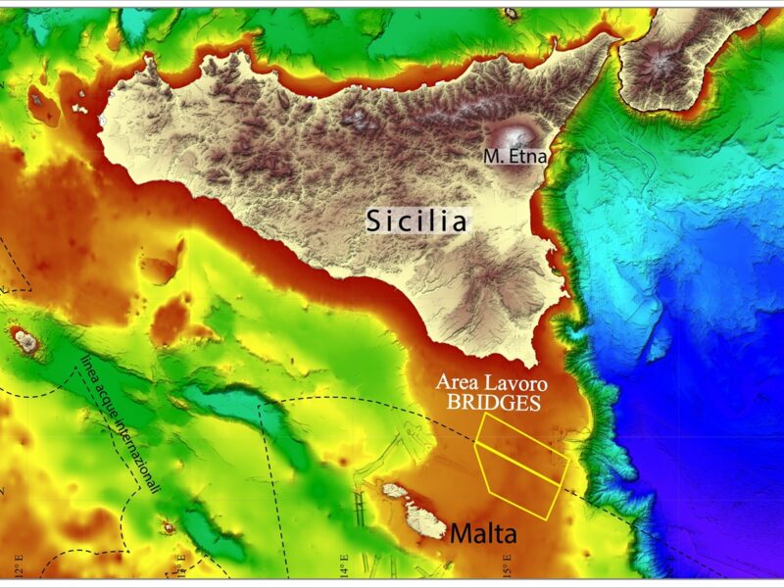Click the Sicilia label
click(416, 221)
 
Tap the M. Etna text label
click(514, 155)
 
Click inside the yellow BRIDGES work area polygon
click(519, 470)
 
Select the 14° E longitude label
click(343, 565)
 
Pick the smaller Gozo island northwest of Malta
click(396, 489)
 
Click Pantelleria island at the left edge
click(22, 340)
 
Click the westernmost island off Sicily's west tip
click(42, 99)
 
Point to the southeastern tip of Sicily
click(535, 359)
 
